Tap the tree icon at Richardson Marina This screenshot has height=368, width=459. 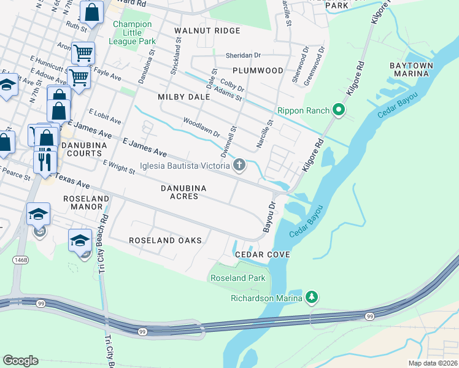click(312, 298)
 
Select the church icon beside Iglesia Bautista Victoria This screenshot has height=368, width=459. click(239, 164)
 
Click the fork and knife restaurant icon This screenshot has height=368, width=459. click(45, 160)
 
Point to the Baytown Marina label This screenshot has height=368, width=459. click(411, 69)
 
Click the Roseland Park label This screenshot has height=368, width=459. click(238, 278)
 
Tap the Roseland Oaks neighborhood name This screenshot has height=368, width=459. click(165, 240)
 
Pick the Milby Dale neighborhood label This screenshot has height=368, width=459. click(183, 97)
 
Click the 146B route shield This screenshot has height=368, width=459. click(20, 260)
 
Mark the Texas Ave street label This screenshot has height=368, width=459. click(72, 180)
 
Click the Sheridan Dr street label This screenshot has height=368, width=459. click(243, 55)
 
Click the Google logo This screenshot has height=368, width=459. click(20, 361)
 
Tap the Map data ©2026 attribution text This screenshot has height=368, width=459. click(432, 363)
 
